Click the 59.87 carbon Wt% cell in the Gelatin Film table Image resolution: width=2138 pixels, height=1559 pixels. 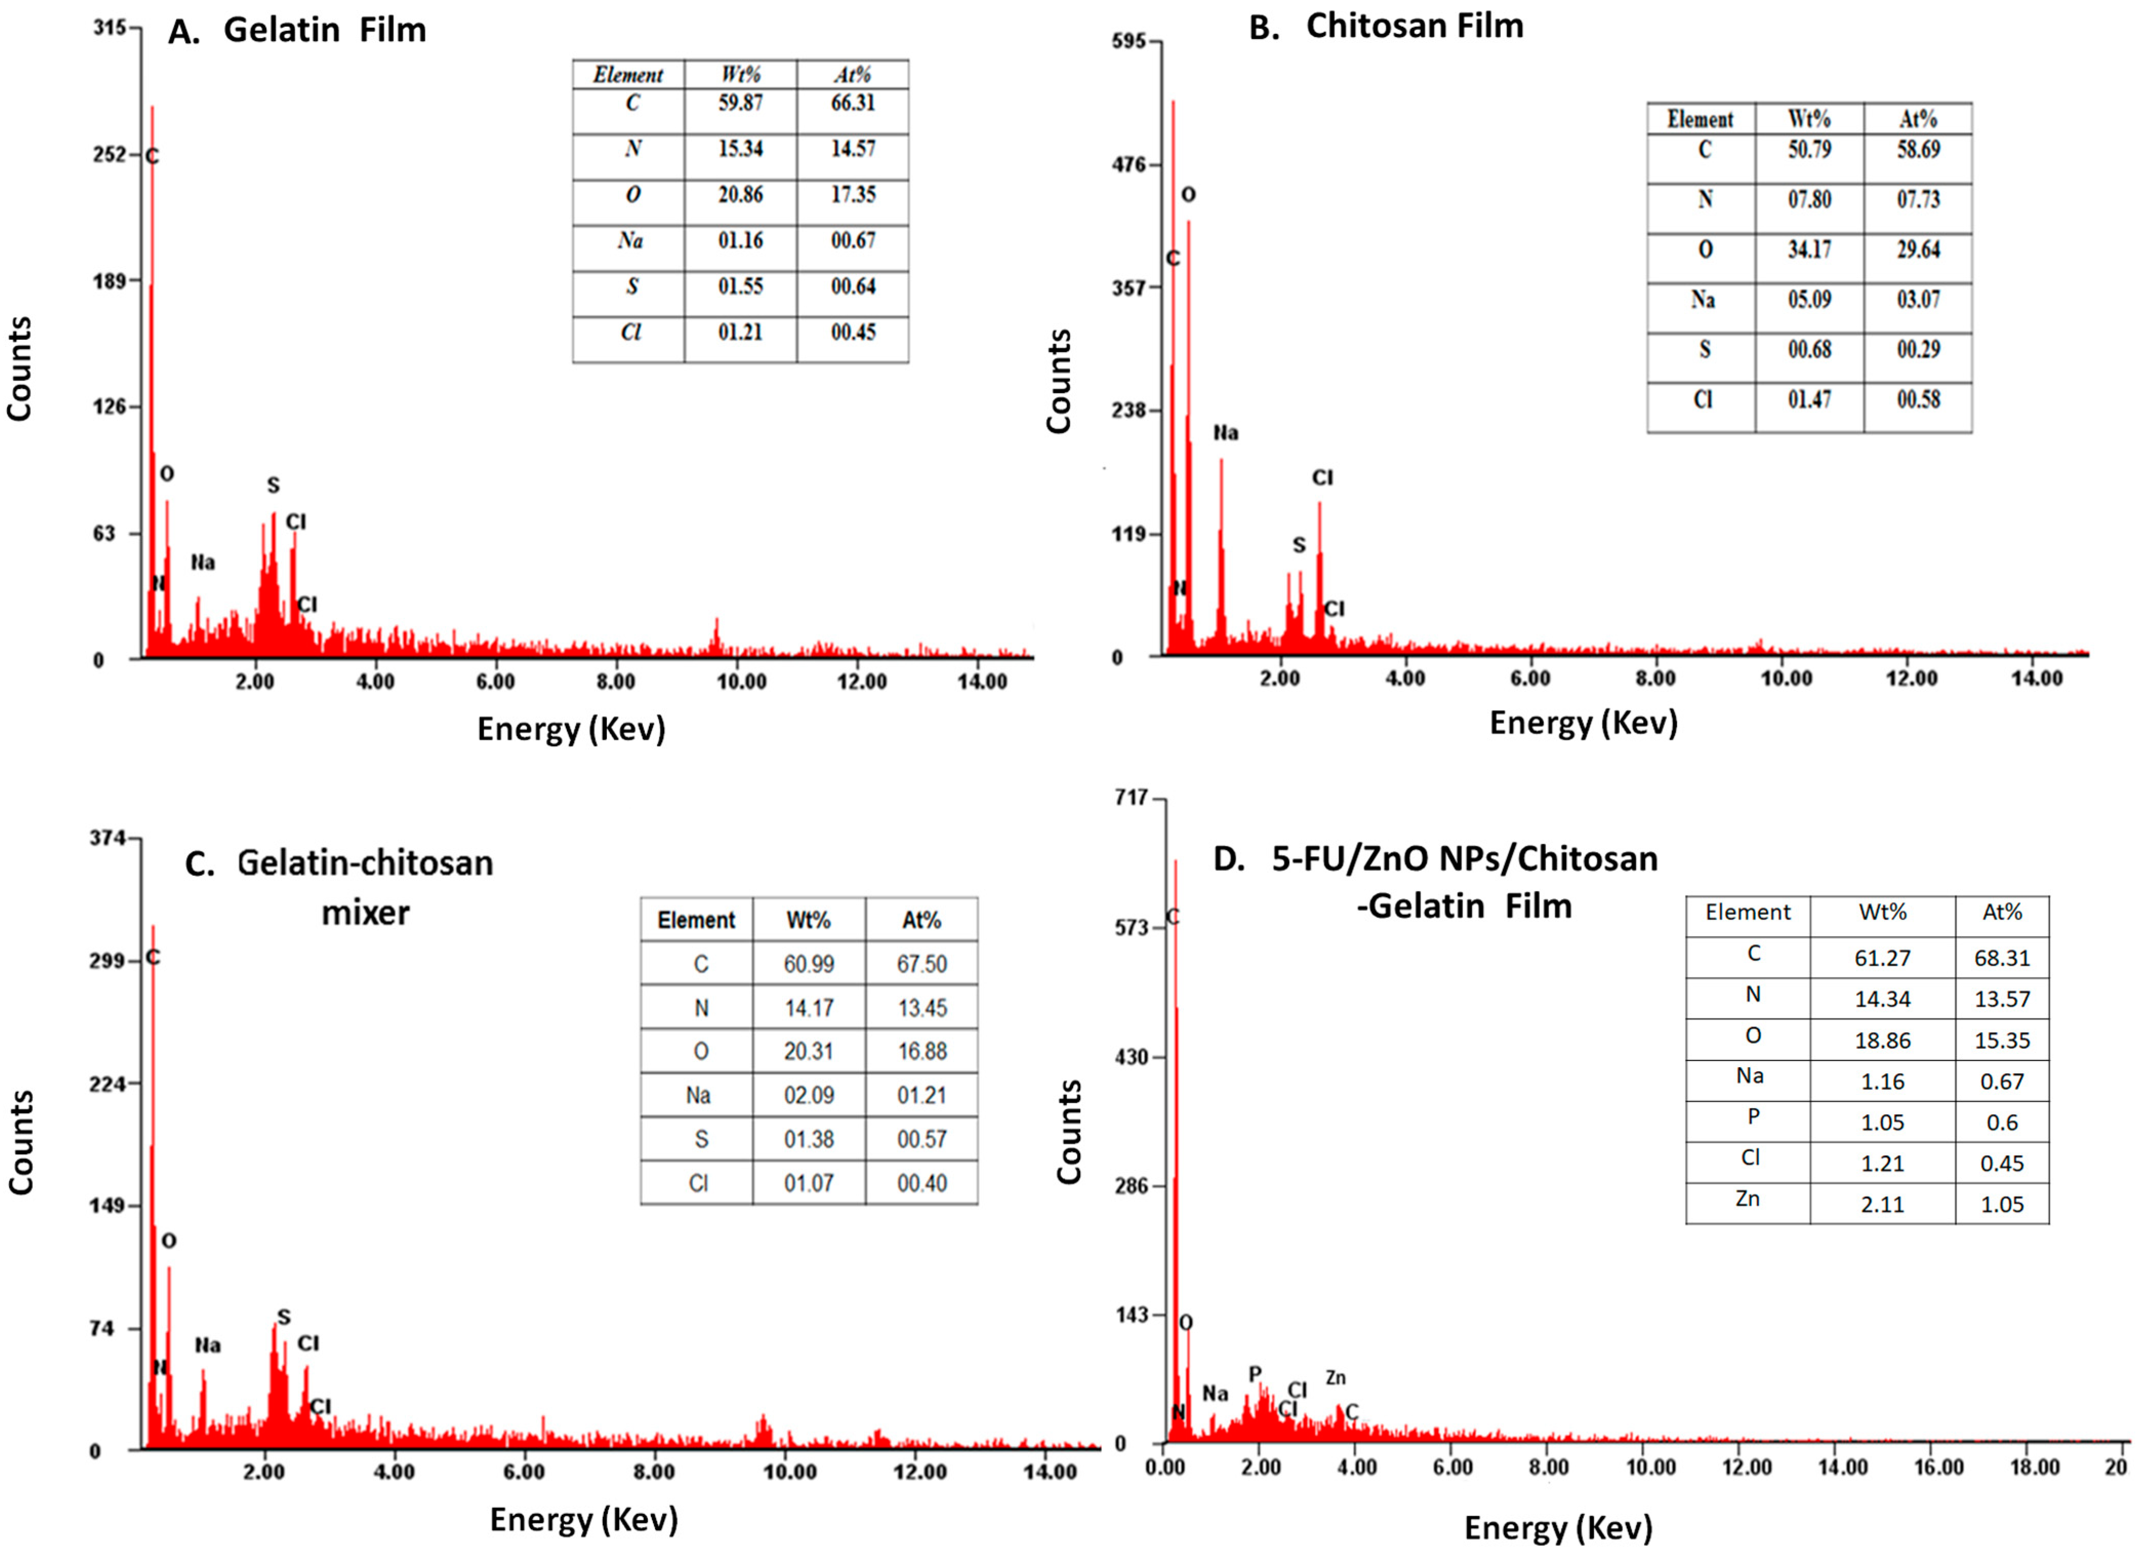click(740, 103)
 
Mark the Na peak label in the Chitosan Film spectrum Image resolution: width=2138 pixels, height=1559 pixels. click(1225, 433)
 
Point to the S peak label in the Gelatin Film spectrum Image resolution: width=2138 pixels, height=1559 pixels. click(273, 485)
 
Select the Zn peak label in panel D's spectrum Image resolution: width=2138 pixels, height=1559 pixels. click(1335, 1378)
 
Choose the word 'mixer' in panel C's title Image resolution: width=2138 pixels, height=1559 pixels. click(365, 912)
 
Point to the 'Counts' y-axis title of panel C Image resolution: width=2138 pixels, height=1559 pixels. click(21, 1142)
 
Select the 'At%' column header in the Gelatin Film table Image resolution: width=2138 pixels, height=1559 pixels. click(852, 75)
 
